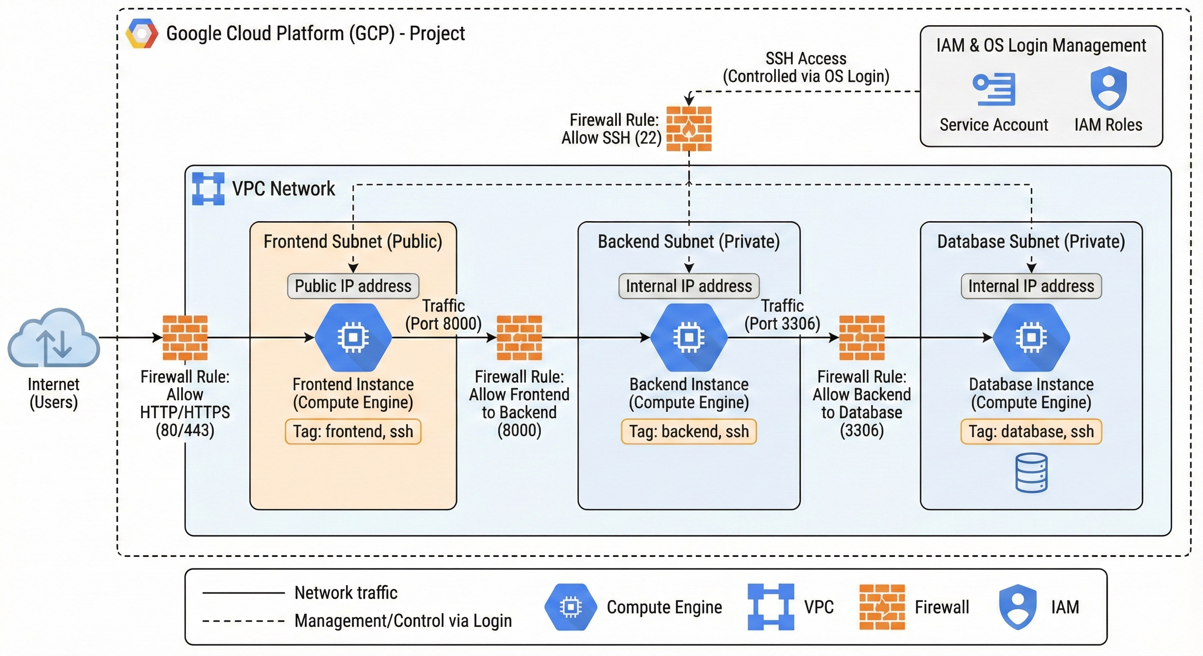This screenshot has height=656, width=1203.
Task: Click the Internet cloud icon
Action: (54, 337)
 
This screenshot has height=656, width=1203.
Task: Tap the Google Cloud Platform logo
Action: (141, 34)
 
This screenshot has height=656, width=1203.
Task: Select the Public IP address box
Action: (353, 286)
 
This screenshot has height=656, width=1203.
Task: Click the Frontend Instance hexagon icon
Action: (353, 337)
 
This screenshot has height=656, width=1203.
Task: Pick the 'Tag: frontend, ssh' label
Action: (353, 431)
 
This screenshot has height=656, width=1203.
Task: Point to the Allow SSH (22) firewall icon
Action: (689, 129)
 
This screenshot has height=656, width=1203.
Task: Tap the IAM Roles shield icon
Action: (1108, 88)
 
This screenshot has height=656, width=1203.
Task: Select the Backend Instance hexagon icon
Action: (689, 337)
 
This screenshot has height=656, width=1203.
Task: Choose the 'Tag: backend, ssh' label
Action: (689, 431)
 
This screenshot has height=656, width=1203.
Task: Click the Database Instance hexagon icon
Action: (1031, 337)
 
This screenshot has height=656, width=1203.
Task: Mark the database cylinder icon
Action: (1031, 472)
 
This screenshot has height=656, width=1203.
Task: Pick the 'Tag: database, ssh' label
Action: (1031, 431)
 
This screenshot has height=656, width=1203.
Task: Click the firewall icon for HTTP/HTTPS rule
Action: (185, 337)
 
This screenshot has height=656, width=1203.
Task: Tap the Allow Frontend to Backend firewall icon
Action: (519, 337)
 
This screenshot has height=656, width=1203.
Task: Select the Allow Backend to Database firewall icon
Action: (862, 337)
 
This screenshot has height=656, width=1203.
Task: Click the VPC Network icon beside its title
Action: (208, 189)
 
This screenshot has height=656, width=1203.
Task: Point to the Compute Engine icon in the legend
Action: (571, 607)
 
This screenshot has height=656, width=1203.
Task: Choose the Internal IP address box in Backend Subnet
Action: (689, 286)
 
